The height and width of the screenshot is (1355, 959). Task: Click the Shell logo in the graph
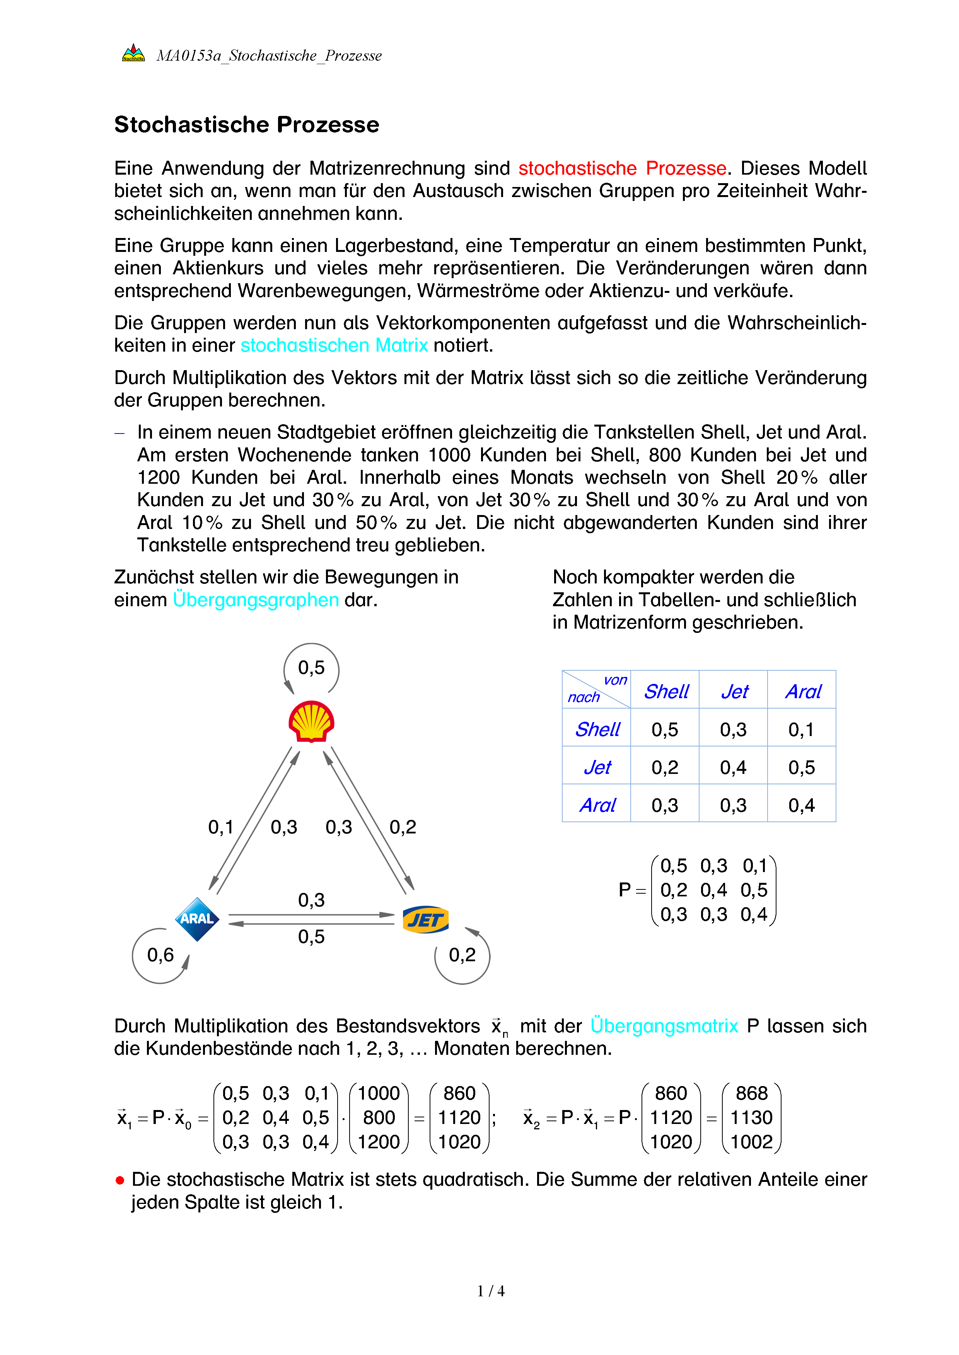[311, 721]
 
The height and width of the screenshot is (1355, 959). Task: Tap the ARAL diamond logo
[197, 919]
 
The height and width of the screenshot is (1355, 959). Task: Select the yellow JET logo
[425, 920]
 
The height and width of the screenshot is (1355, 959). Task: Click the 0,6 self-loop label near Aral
[160, 955]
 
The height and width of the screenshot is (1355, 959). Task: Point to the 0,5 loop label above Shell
[311, 668]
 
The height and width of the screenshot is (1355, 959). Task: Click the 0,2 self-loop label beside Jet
[462, 955]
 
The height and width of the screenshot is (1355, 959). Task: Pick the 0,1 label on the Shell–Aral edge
[221, 827]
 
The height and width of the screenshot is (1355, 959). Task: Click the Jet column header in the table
[734, 691]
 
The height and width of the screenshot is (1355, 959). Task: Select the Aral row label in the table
[597, 805]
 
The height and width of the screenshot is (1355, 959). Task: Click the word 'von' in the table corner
[615, 680]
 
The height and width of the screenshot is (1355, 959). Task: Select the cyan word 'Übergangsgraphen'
[256, 600]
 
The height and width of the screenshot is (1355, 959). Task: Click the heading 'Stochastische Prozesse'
[247, 124]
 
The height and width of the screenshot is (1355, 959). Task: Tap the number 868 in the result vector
[751, 1093]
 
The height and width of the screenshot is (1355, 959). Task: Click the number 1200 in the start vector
[379, 1142]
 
